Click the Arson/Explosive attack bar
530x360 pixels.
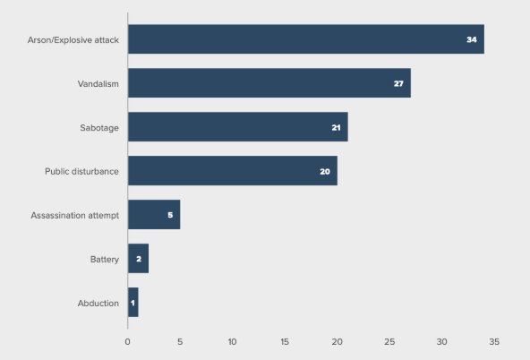click(305, 39)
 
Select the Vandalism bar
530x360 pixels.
click(269, 83)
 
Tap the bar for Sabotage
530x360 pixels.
click(237, 127)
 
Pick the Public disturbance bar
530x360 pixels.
click(232, 170)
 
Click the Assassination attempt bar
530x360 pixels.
click(154, 215)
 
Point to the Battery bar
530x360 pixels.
click(138, 259)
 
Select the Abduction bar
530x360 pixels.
click(132, 303)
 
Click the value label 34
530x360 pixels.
click(472, 40)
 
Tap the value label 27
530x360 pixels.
click(398, 84)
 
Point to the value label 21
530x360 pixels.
click(336, 128)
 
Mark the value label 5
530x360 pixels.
click(170, 216)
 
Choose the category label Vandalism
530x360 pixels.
click(98, 84)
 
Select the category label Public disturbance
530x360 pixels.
click(82, 171)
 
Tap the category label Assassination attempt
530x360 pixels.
click(75, 216)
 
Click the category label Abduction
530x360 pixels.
click(98, 304)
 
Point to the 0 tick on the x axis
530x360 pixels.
click(127, 341)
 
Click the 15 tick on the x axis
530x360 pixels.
click(285, 341)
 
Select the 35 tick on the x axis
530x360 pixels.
click(494, 341)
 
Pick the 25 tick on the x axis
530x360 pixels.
click(389, 341)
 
